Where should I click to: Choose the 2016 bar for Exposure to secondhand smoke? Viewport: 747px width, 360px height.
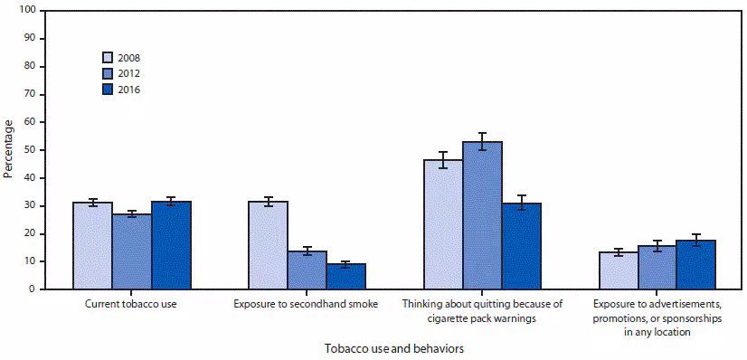tap(345, 277)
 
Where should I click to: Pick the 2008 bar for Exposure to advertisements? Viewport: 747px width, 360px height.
tap(618, 270)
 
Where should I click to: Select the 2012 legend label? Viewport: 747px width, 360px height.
tap(128, 73)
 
